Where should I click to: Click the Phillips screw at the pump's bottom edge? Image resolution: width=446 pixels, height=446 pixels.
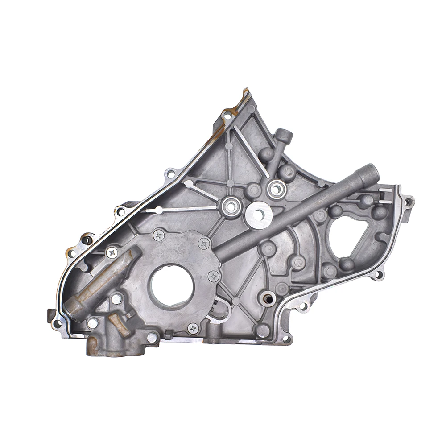(193, 329)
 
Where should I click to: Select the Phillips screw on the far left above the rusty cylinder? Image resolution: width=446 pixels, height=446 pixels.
(112, 253)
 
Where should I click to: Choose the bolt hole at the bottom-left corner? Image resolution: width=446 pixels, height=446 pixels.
(57, 322)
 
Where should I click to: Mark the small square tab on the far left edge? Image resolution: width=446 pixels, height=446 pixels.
(48, 314)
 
